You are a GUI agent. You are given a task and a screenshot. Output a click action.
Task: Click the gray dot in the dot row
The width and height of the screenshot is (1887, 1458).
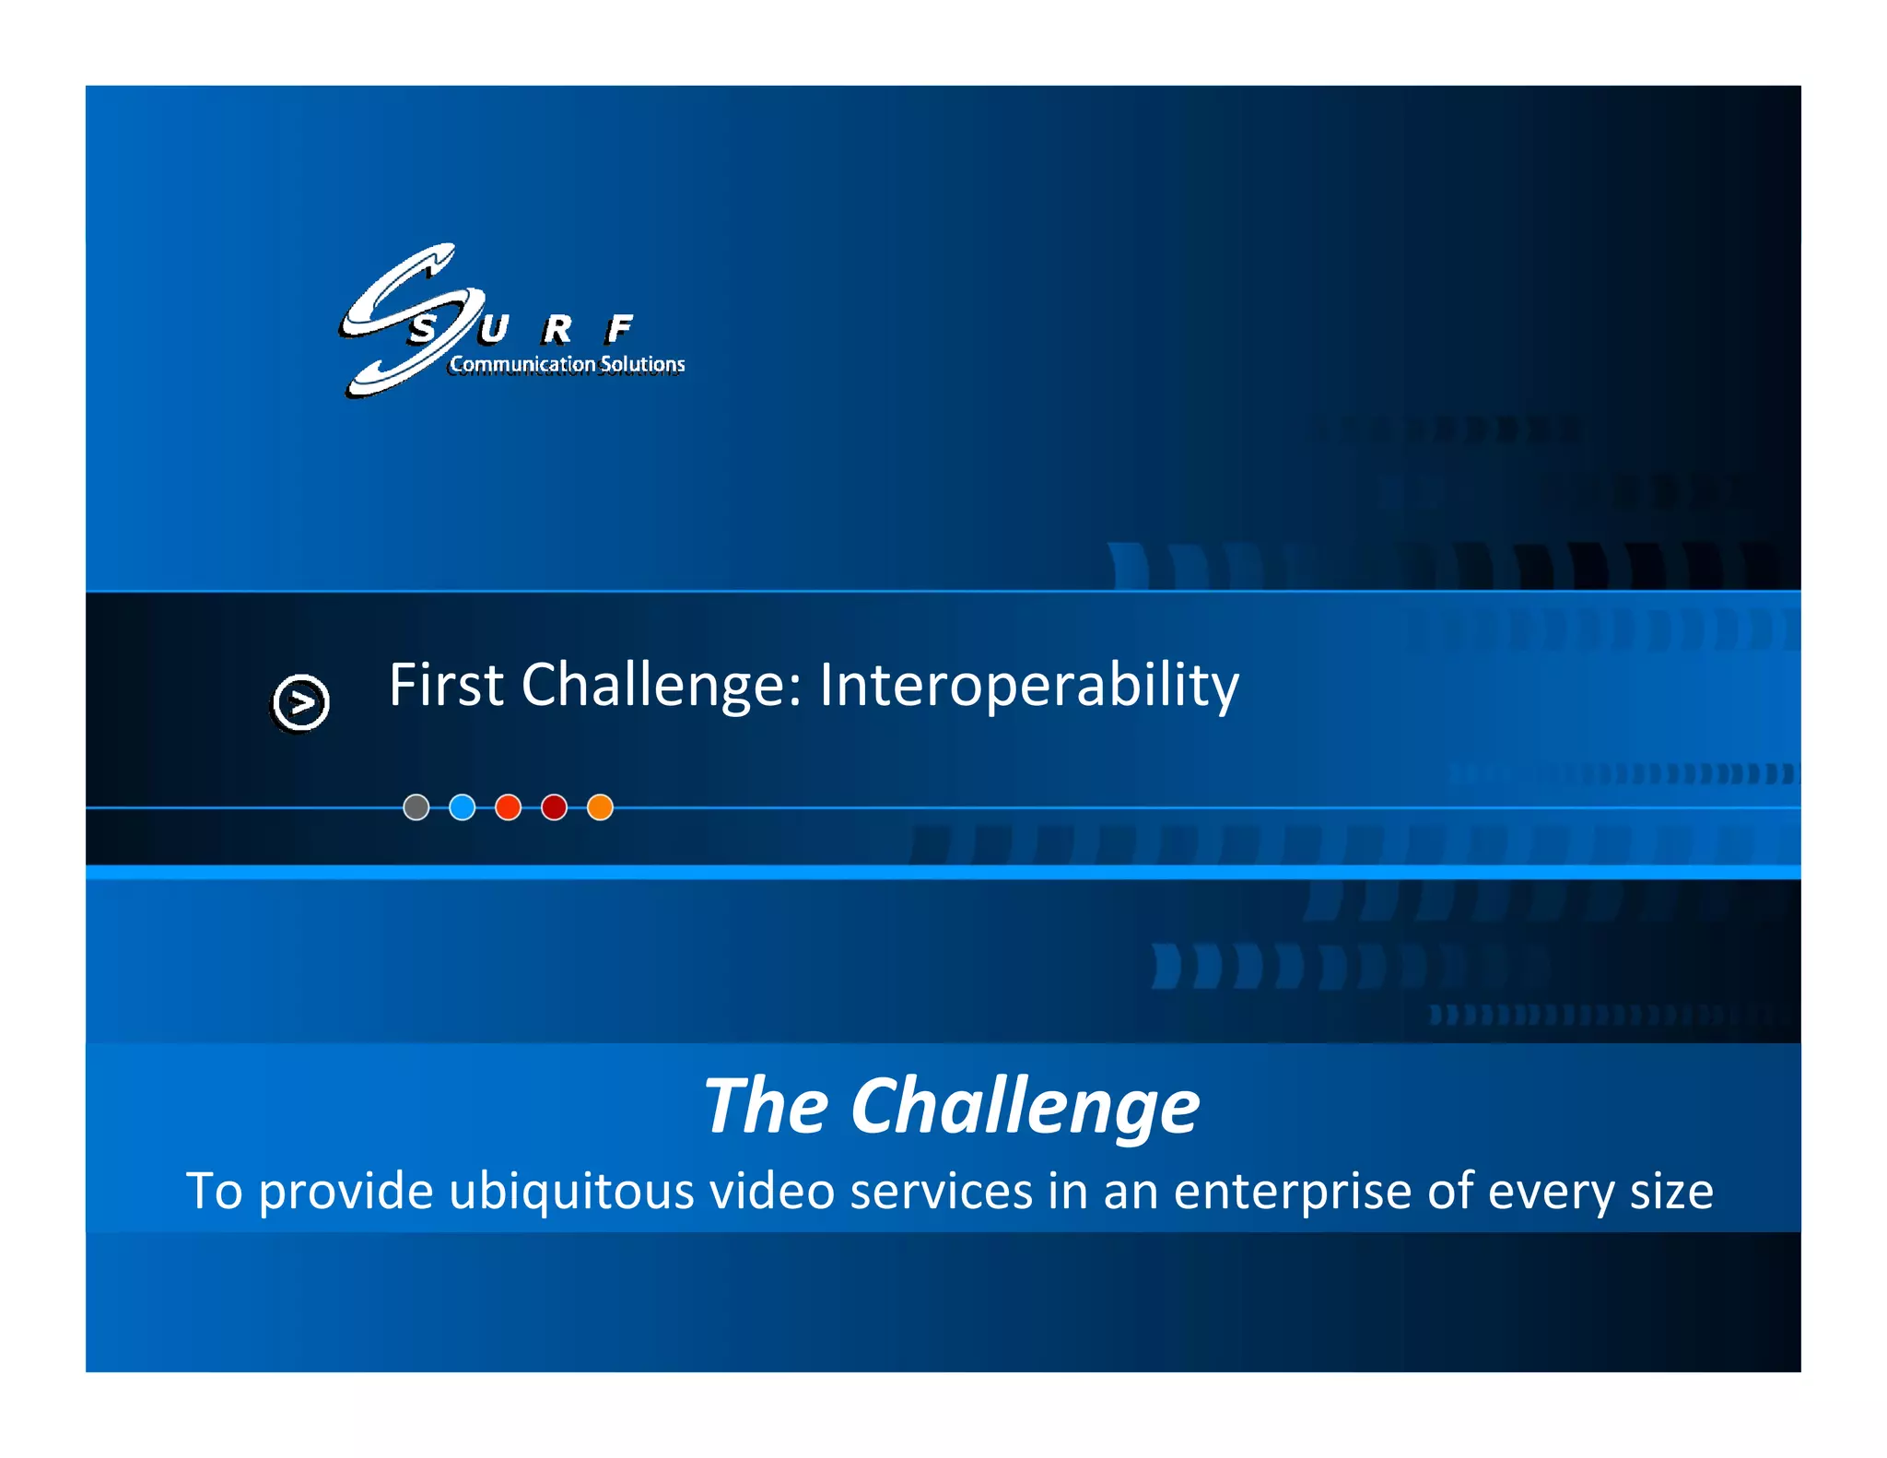click(x=416, y=807)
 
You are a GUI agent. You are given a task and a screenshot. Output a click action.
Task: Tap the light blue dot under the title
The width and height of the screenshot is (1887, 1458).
click(x=462, y=807)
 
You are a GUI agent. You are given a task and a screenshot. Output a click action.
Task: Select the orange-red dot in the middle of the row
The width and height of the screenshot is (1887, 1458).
click(x=508, y=807)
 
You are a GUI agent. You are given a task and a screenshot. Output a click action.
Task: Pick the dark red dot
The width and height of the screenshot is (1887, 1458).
click(x=554, y=807)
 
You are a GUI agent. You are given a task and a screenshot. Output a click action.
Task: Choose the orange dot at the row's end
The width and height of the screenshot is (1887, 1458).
click(x=600, y=807)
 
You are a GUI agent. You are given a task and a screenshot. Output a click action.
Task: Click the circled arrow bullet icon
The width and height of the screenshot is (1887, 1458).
click(x=301, y=702)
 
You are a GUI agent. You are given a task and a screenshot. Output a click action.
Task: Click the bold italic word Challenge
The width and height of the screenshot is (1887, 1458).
click(x=1025, y=1108)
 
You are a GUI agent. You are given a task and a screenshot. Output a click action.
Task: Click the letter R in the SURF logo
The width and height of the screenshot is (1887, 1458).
click(x=557, y=329)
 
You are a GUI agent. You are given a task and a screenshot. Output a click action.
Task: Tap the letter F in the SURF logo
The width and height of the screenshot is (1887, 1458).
click(x=620, y=328)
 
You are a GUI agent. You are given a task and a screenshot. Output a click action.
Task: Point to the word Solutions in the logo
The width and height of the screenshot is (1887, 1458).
click(x=642, y=364)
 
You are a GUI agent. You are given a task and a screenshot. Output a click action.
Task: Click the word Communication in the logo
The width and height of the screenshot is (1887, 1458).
click(x=522, y=364)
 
